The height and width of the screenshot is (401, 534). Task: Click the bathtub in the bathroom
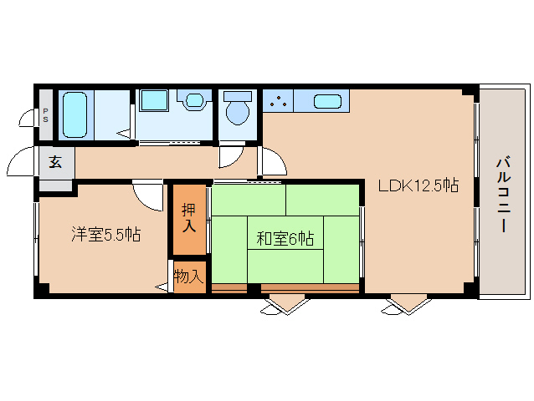click(74, 114)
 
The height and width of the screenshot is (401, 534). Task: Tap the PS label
click(45, 114)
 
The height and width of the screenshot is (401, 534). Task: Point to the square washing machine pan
click(153, 100)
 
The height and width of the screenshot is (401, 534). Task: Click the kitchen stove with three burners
click(278, 101)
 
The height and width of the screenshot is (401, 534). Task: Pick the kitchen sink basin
click(326, 102)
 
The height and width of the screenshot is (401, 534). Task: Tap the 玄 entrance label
click(55, 162)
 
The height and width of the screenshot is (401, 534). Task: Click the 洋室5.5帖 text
click(105, 235)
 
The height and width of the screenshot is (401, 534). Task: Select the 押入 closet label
click(189, 219)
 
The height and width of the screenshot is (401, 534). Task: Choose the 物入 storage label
click(189, 276)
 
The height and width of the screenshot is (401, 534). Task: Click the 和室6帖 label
click(285, 239)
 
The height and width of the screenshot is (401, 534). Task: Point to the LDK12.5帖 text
click(418, 185)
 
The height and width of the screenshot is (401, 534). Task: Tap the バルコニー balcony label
click(504, 193)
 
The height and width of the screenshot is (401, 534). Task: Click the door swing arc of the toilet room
click(230, 156)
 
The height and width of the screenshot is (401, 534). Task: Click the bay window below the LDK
click(404, 303)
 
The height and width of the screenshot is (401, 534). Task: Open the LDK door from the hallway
click(270, 162)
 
